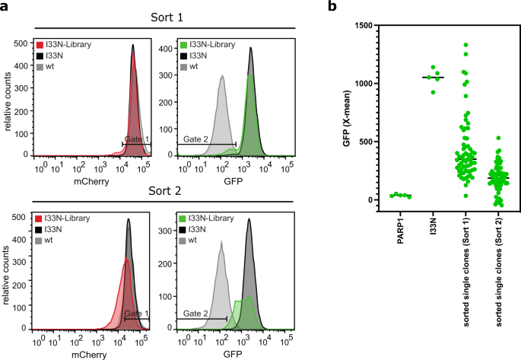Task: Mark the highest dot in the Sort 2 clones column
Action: tap(498, 139)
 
